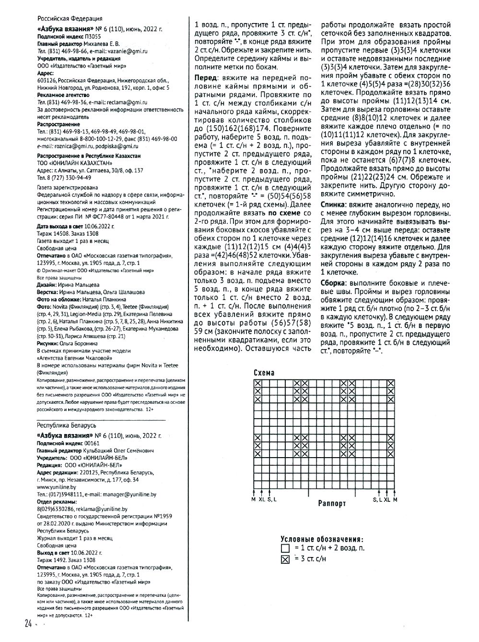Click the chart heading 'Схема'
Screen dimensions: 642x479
coord(264,373)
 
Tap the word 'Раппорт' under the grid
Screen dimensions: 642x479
coord(331,503)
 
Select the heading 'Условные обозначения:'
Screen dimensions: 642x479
coord(321,539)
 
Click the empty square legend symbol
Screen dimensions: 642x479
coord(285,548)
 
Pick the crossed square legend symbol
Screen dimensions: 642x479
coord(285,559)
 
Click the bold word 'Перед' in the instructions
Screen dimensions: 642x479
coord(205,78)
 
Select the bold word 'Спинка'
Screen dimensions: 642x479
coord(334,204)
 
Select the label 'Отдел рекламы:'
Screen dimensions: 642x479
coord(55,501)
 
